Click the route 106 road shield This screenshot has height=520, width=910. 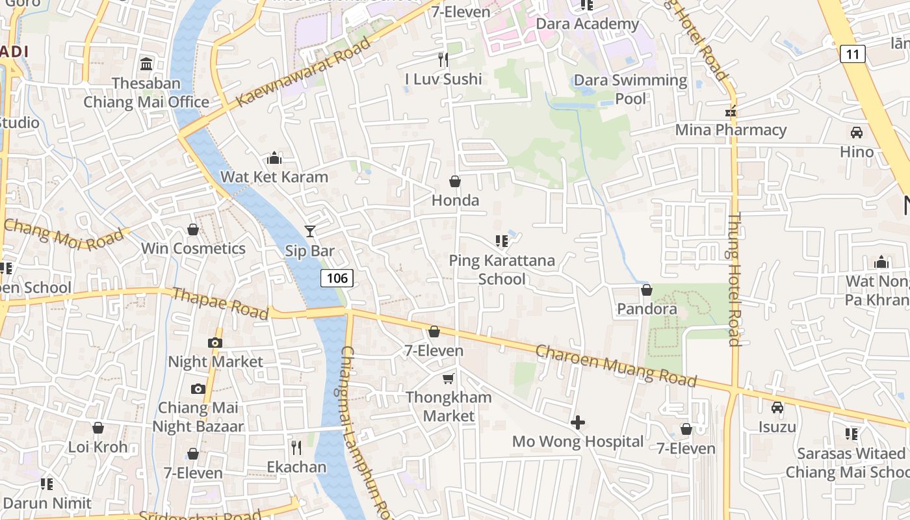tap(337, 278)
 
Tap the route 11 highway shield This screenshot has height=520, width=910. tap(852, 53)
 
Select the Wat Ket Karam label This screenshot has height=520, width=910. tap(274, 177)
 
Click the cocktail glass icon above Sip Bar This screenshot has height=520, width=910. tap(310, 231)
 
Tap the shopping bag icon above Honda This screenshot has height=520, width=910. tap(455, 181)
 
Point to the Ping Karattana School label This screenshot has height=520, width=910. tap(502, 270)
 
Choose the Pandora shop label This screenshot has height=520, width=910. tap(647, 309)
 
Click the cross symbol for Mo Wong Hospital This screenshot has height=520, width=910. tap(577, 423)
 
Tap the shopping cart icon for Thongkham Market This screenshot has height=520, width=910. tap(448, 378)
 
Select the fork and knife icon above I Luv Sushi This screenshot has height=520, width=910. tap(443, 60)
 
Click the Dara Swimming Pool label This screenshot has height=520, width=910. tap(630, 89)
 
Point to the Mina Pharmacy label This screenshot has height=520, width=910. tap(731, 130)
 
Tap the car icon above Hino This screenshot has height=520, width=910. tap(857, 133)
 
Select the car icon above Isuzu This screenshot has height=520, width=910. tap(777, 408)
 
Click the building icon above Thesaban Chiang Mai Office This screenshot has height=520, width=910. tap(146, 64)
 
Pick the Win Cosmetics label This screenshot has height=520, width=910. tap(193, 248)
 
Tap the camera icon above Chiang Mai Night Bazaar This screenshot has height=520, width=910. tap(198, 389)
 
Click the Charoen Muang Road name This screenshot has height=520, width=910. tap(616, 365)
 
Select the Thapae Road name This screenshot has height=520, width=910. tap(220, 304)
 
